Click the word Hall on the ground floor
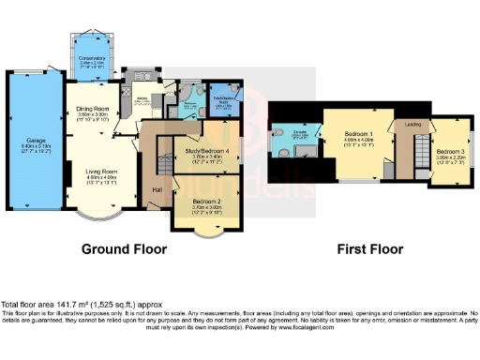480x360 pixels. (x=157, y=191)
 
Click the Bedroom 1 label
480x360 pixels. (x=357, y=133)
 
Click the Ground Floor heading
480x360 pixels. (x=124, y=249)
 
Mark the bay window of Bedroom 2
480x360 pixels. (x=203, y=229)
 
